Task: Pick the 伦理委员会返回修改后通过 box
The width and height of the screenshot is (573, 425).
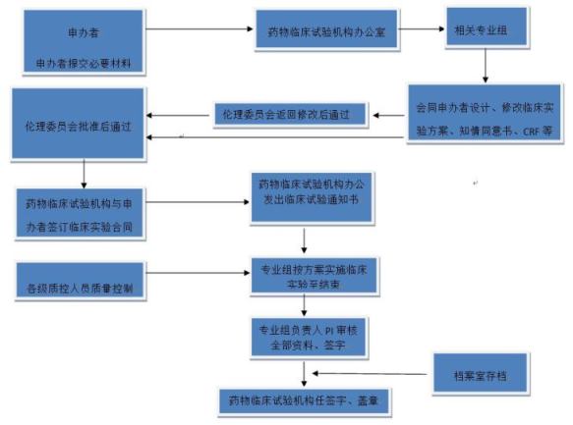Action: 290,115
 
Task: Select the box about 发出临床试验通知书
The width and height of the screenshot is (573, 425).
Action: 310,190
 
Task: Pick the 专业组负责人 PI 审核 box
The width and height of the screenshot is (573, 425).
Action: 311,338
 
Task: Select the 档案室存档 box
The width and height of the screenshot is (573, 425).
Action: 482,373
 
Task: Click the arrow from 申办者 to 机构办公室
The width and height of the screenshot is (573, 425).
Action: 201,28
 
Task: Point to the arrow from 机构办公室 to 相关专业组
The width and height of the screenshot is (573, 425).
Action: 419,28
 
